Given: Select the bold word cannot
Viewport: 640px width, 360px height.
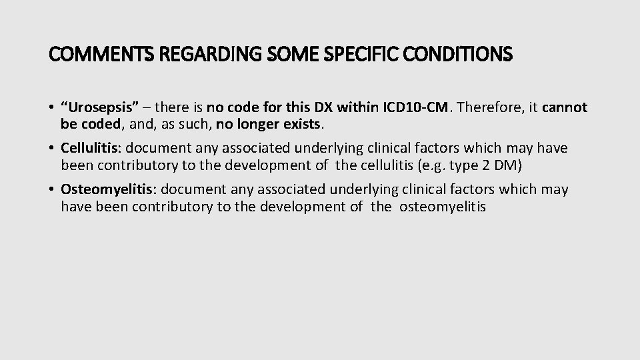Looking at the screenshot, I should click(565, 107).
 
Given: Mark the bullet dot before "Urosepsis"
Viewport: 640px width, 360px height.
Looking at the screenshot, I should click(52, 108).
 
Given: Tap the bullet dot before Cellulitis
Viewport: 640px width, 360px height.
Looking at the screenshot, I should click(52, 148).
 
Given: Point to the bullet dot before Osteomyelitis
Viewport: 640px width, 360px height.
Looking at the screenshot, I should click(52, 190).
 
